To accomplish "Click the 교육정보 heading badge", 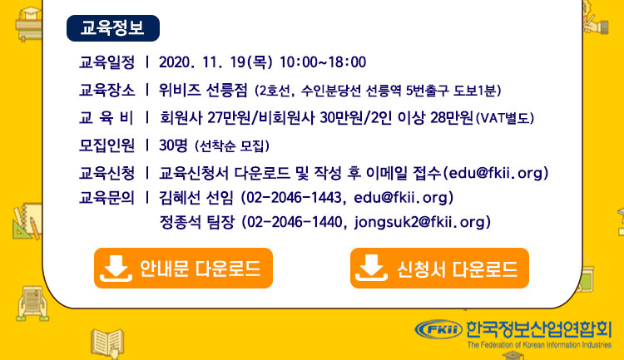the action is coord(113,28).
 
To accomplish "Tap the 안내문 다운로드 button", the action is coord(184,268).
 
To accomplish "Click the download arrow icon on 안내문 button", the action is coord(116,268).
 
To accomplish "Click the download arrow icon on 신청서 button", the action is coord(371,268).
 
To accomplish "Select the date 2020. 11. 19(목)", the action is coord(215,62).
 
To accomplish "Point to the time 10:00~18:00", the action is coord(323,62).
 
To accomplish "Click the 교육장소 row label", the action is coord(107,91).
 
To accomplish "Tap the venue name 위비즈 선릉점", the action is coord(203,91).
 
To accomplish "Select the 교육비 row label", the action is coord(106,118).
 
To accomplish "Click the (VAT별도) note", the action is coord(505,118).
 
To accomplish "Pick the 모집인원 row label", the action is coord(107,145).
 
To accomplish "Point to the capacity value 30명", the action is coord(173,145).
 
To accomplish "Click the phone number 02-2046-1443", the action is coord(292,198).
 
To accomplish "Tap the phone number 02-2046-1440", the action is coord(292,222).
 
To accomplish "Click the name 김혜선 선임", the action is coord(196,198).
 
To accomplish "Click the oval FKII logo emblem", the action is coord(438,329).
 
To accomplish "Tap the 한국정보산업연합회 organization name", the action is coord(539,329).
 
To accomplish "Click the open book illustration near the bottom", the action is coord(107,342).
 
